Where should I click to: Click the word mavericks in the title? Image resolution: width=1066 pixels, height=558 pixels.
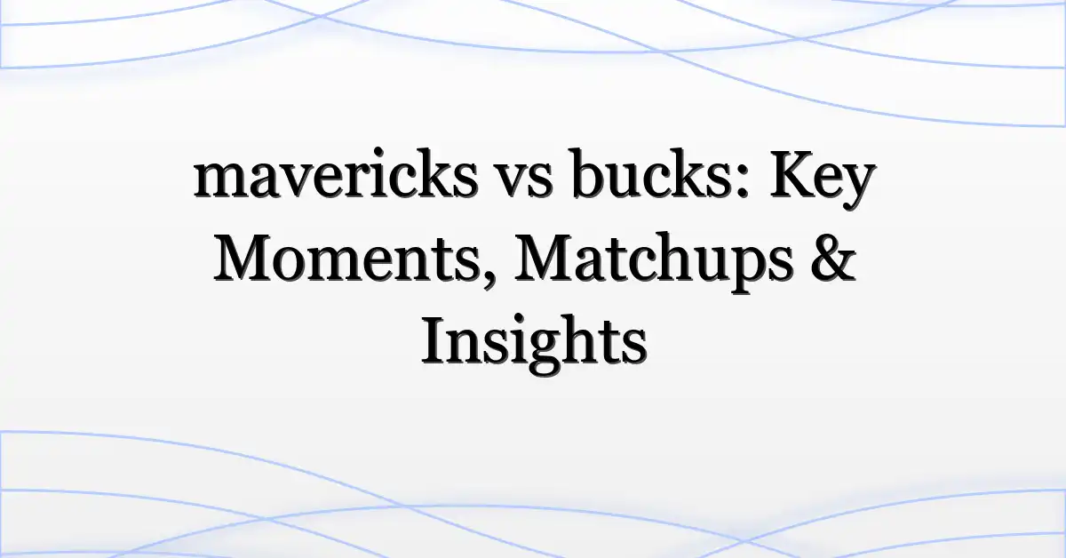tap(336, 174)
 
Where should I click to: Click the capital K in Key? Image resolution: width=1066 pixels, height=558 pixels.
tap(792, 176)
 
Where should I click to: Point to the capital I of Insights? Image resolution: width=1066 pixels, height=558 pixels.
tap(434, 340)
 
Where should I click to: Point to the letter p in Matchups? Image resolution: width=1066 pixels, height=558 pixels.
tap(744, 271)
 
